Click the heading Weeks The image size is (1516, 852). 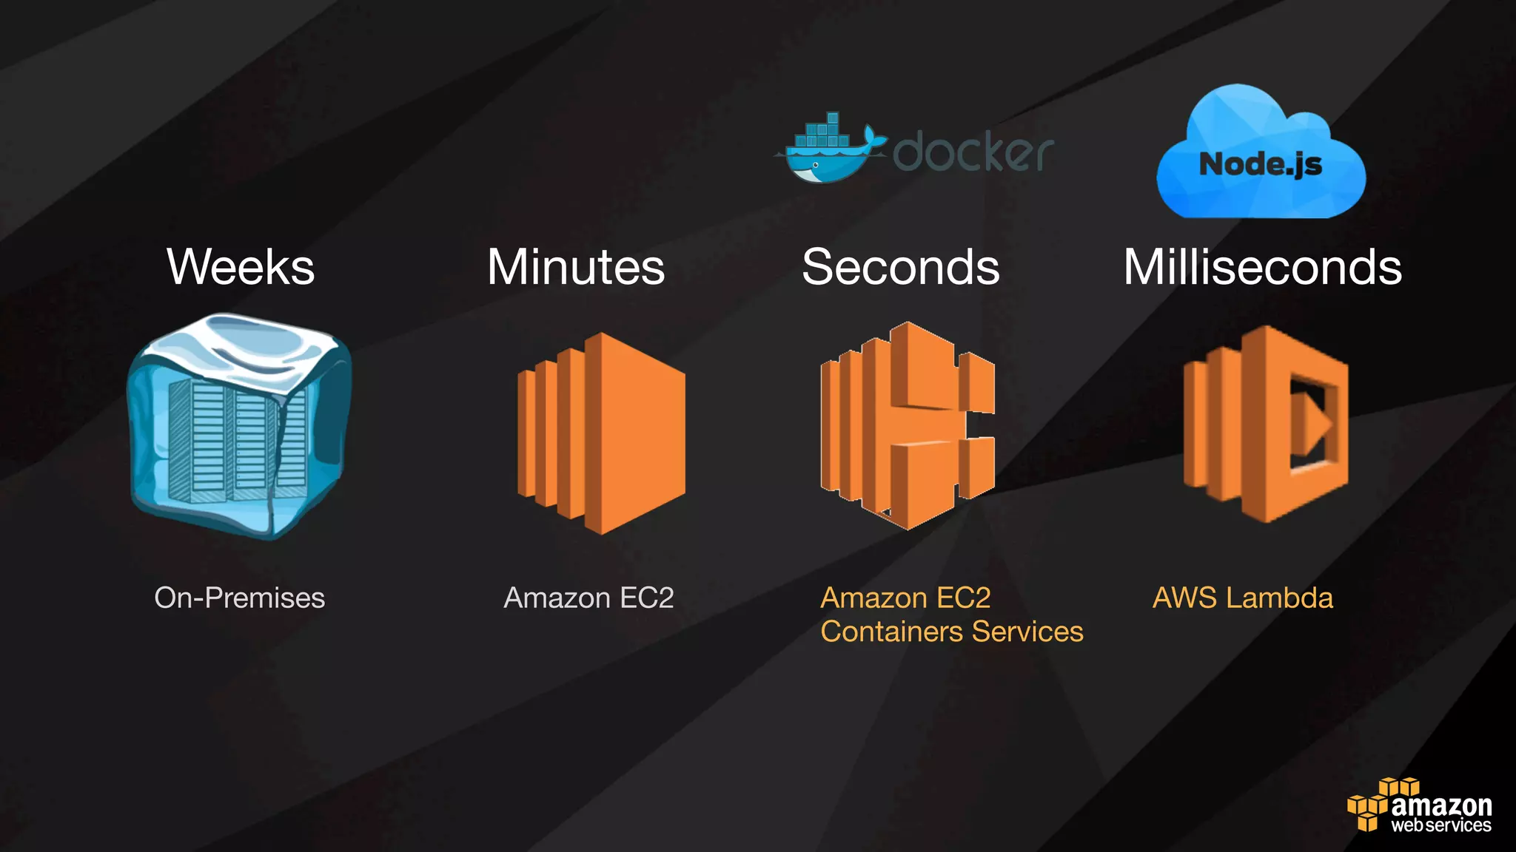coord(241,267)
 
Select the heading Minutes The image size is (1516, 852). coord(576,267)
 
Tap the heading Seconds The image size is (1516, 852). coord(900,267)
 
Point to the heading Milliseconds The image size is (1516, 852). coord(1262,267)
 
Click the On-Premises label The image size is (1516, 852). coord(239,598)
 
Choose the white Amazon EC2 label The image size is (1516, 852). coord(588,598)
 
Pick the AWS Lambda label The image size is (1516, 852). coord(1243,598)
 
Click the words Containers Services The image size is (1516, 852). coord(952,632)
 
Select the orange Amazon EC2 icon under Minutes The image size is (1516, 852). coord(601,433)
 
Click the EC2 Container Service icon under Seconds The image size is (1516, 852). coord(908,425)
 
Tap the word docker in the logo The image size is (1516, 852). coord(973,152)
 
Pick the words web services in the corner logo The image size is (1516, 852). coord(1440,825)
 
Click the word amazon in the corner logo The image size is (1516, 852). coord(1441,805)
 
